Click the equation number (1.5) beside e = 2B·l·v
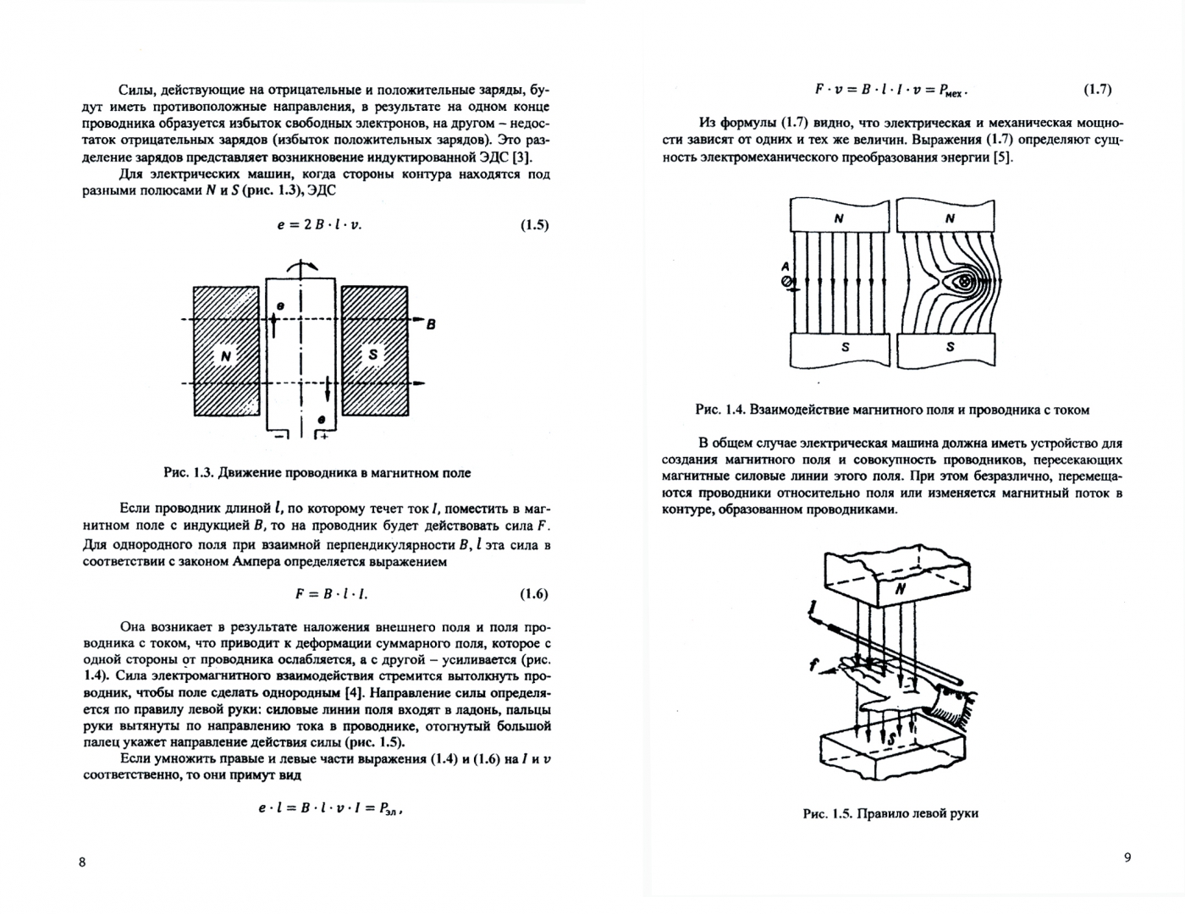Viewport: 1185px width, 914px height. pyautogui.click(x=534, y=225)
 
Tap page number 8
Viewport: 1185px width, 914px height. pyautogui.click(x=82, y=862)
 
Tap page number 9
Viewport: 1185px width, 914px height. pyautogui.click(x=1127, y=857)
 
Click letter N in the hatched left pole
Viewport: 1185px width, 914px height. pyautogui.click(x=226, y=356)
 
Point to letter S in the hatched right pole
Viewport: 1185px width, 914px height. pyautogui.click(x=373, y=354)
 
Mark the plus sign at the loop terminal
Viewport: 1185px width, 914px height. pyautogui.click(x=323, y=437)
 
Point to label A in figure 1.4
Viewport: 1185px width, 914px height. pyautogui.click(x=785, y=266)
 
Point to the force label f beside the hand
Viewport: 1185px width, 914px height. pyautogui.click(x=813, y=666)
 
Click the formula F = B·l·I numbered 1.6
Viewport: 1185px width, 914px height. pyautogui.click(x=331, y=594)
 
